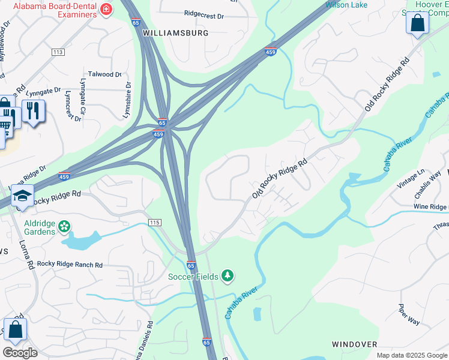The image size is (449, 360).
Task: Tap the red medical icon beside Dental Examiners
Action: coord(106,9)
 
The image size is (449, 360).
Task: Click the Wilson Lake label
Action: coord(346,5)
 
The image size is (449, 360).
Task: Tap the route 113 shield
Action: coord(58,53)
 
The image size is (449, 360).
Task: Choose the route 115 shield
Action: coord(155,223)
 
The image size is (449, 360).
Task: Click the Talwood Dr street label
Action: coord(104,74)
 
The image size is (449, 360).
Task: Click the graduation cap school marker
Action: coord(22,196)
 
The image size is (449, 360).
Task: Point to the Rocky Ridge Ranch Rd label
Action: coord(70,264)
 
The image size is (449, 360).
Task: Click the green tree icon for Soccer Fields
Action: coord(227,275)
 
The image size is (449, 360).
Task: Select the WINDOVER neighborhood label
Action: coord(354,344)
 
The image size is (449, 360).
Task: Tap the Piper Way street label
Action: coord(409,314)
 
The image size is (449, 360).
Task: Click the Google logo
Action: coord(20,353)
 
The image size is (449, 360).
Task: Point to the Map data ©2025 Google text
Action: coord(412,355)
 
